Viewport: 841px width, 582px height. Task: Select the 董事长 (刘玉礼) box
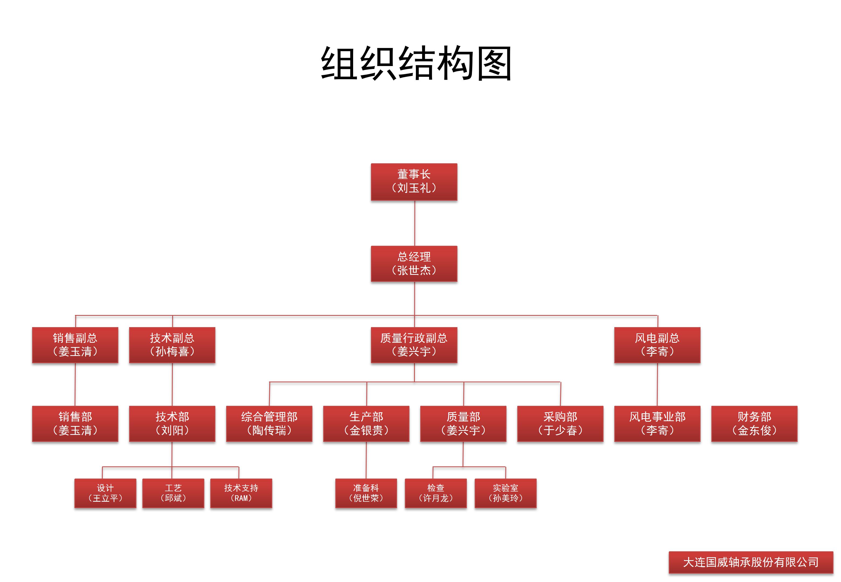point(414,182)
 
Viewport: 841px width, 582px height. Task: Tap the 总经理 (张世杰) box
point(414,264)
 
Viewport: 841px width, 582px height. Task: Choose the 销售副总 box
point(75,345)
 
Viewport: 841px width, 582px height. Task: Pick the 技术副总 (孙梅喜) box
point(172,345)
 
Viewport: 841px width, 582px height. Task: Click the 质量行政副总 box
point(414,345)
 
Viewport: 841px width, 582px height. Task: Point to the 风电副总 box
point(657,345)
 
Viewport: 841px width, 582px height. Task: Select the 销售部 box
point(75,423)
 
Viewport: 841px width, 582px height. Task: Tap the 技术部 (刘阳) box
point(172,423)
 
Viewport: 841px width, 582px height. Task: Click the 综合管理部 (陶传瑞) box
point(269,423)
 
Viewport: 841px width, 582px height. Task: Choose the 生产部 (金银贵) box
point(366,423)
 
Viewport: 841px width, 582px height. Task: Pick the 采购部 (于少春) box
point(560,423)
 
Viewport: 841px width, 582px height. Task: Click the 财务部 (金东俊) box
point(754,423)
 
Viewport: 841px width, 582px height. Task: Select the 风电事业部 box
point(657,423)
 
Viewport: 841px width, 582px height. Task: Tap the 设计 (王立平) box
point(105,493)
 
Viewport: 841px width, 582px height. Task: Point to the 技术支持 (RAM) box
point(241,493)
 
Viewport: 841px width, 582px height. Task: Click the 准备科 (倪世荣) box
point(366,493)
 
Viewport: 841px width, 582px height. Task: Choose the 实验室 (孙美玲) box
point(505,493)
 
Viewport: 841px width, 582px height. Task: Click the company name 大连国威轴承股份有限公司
point(750,562)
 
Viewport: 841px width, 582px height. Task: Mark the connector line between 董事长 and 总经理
point(415,223)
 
